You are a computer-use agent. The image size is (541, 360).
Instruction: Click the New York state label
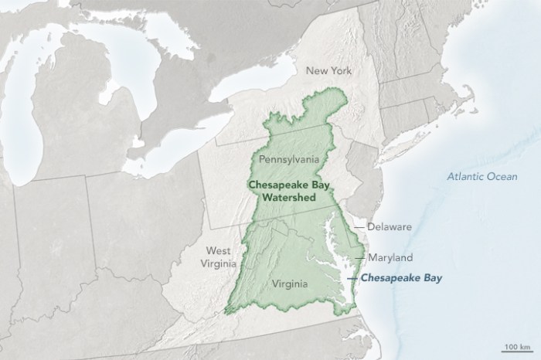point(328,71)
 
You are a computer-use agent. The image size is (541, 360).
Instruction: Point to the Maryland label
point(390,256)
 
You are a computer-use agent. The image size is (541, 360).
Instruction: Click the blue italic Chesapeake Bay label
point(402,277)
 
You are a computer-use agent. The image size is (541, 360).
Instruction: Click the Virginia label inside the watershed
point(290,284)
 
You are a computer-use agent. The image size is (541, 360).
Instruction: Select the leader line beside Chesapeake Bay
point(354,277)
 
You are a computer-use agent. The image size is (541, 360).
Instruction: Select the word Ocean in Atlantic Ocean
point(498,177)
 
